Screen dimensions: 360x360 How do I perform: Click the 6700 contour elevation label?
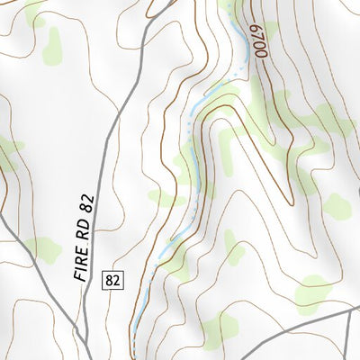click(x=260, y=41)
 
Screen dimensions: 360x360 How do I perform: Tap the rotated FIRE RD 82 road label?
click(x=86, y=236)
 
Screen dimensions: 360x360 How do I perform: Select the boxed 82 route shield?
click(x=112, y=281)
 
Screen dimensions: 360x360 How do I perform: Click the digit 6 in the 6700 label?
click(x=256, y=30)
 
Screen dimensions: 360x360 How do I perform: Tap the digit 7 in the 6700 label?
click(x=259, y=38)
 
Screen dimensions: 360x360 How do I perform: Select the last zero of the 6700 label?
click(x=264, y=53)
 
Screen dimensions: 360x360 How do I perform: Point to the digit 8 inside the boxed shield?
click(x=109, y=281)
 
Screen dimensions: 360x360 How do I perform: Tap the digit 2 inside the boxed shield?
click(x=115, y=281)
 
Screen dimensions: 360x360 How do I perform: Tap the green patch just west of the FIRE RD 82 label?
click(x=40, y=249)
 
